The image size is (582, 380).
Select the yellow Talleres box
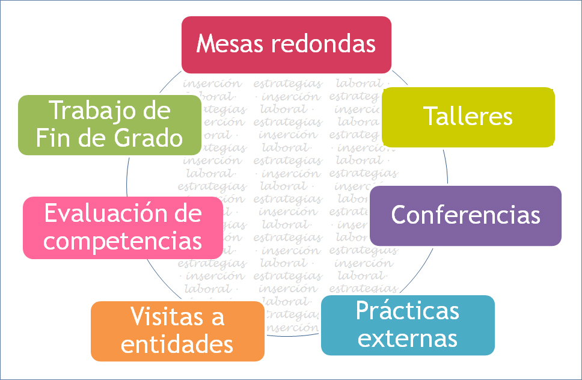[468, 117]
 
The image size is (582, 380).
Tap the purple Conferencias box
[465, 215]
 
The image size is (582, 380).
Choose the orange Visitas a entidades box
[177, 331]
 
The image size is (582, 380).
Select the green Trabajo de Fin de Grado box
[109, 124]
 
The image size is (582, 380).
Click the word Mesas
[230, 44]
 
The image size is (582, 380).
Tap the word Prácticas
[407, 311]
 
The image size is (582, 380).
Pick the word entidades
[177, 345]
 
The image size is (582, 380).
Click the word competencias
[123, 241]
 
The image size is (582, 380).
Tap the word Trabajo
[93, 111]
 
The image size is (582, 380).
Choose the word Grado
[147, 138]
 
